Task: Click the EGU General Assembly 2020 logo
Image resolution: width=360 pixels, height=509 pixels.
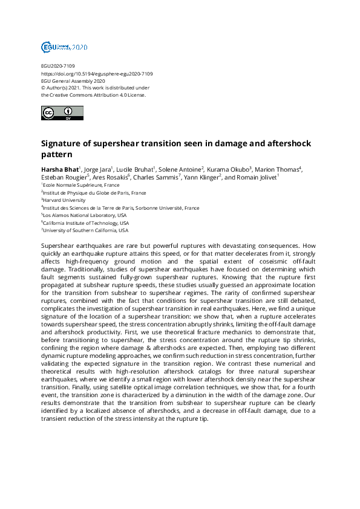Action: [x=64, y=47]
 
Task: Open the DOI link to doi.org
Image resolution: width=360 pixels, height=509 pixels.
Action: [x=97, y=74]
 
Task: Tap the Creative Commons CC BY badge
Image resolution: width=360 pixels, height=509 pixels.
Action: [x=62, y=113]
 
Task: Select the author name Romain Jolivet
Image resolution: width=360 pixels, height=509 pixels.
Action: [x=255, y=178]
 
